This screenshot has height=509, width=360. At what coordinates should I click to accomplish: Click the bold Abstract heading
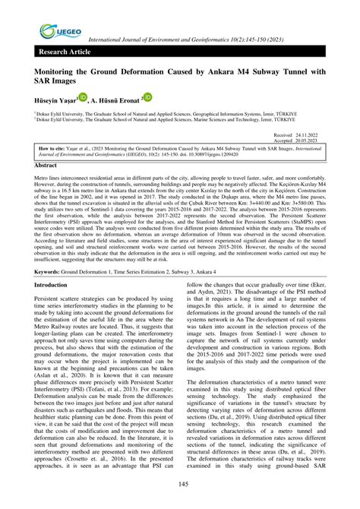coord(46,164)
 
